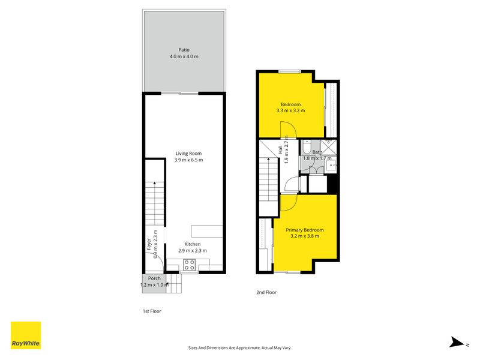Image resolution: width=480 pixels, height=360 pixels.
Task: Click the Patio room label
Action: [184, 50]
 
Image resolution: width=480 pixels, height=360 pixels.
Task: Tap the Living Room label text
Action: [188, 154]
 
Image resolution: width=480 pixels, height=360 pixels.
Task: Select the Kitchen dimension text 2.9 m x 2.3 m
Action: [193, 250]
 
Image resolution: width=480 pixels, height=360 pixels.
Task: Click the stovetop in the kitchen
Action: [190, 265]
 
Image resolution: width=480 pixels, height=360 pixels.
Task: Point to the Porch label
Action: [154, 278]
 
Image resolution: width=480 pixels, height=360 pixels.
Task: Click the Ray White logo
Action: [26, 335]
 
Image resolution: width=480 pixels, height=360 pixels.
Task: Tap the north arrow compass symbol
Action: [457, 342]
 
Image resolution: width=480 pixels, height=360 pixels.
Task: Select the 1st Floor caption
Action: [152, 311]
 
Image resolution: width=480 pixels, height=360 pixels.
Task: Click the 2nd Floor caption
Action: [266, 292]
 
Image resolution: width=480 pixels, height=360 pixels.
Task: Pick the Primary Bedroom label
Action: [305, 230]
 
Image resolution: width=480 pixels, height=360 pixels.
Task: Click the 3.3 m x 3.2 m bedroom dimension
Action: [290, 110]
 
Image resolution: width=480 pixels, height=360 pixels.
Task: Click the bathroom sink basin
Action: [331, 166]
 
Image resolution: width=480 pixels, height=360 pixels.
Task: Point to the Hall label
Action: [280, 149]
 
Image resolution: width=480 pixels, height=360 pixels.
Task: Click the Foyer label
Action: [149, 244]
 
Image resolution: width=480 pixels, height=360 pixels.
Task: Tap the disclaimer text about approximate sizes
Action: [239, 348]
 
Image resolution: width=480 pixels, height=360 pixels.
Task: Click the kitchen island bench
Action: [207, 231]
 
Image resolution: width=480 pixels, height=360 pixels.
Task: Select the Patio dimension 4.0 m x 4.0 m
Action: [184, 56]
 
